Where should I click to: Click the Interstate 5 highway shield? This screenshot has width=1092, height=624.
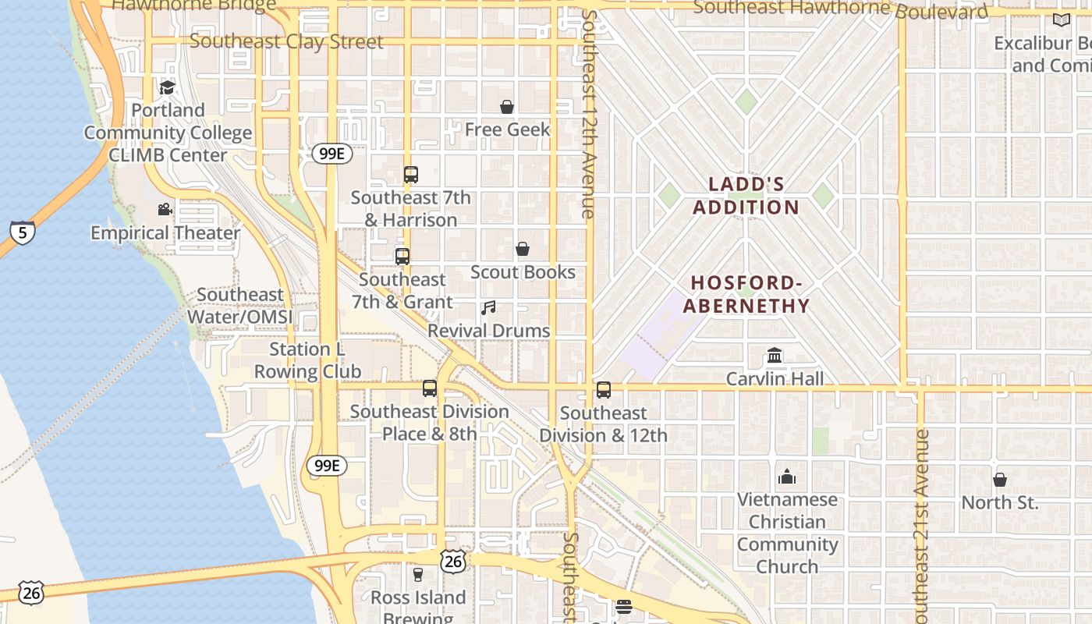click(23, 232)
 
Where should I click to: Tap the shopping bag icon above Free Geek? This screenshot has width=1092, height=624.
click(507, 107)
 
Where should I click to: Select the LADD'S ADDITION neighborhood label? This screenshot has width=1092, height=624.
click(746, 196)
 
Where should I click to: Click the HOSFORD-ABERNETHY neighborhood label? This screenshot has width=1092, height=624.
click(746, 294)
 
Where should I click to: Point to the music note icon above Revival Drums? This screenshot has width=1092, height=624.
click(488, 308)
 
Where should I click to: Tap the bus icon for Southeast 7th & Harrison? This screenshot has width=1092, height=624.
click(411, 175)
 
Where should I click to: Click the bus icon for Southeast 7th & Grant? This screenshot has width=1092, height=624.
click(402, 257)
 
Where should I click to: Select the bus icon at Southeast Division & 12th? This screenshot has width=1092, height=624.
click(604, 390)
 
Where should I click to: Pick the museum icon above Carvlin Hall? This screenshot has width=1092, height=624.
click(775, 356)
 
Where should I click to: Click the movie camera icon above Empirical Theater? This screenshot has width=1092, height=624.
click(165, 209)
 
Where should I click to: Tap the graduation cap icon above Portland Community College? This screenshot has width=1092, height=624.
click(167, 87)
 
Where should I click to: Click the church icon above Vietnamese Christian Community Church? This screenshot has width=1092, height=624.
click(787, 477)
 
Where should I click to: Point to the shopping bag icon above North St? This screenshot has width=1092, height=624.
click(1000, 480)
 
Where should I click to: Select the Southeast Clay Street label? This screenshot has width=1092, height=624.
click(286, 41)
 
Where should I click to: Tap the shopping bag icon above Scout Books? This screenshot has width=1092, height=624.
click(523, 250)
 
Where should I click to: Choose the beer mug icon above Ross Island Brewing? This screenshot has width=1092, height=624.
click(418, 575)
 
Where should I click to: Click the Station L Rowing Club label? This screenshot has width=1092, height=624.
click(307, 360)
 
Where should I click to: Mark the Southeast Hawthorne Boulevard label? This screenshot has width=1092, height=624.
click(840, 9)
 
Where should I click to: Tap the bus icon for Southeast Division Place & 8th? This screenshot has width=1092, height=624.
click(430, 388)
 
